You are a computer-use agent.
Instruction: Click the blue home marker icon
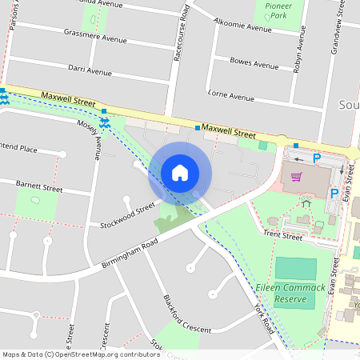tap(180, 173)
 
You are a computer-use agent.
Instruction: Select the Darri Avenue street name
tap(90, 71)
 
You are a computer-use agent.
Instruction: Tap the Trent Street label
tap(283, 236)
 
